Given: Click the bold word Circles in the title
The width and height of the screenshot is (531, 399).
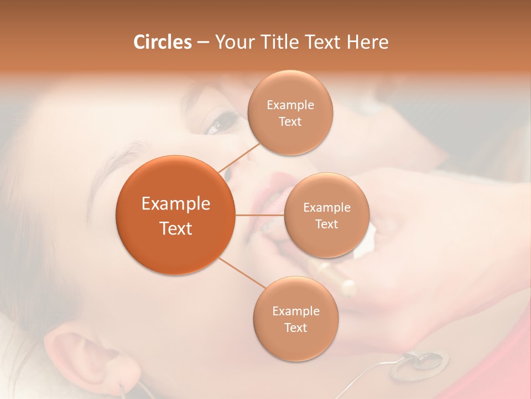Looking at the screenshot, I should pyautogui.click(x=162, y=42).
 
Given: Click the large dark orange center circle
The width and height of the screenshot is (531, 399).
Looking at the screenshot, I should pyautogui.click(x=175, y=215).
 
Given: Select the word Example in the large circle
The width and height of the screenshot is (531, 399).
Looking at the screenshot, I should pyautogui.click(x=175, y=204).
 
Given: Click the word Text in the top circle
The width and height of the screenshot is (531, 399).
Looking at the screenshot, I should pyautogui.click(x=290, y=122).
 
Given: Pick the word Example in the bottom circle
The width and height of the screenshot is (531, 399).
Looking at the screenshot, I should pyautogui.click(x=295, y=311).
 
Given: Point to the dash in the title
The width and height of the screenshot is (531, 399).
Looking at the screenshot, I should pyautogui.click(x=202, y=43).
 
